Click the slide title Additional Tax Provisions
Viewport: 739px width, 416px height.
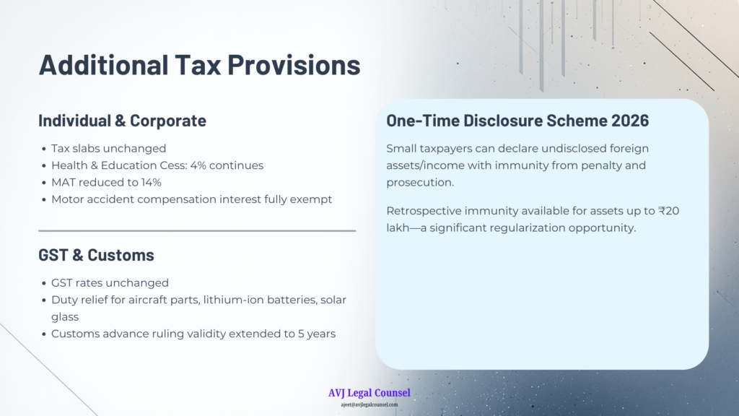coord(199,64)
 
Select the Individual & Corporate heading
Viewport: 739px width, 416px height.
coord(122,121)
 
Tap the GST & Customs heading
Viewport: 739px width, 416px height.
coord(96,255)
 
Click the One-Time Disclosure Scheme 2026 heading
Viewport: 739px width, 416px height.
coord(517,121)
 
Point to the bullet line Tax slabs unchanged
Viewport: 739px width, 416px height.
coord(108,149)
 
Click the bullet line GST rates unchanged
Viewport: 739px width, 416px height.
coord(110,283)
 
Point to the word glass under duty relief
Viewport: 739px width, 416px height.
coord(65,318)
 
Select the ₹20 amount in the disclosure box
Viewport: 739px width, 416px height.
coord(669,211)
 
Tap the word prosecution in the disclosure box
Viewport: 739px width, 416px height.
coord(420,183)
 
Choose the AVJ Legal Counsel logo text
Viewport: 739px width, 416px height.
coord(369,393)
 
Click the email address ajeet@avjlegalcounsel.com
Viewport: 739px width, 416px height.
coord(369,404)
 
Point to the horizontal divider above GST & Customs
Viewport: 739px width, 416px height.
coord(197,231)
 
